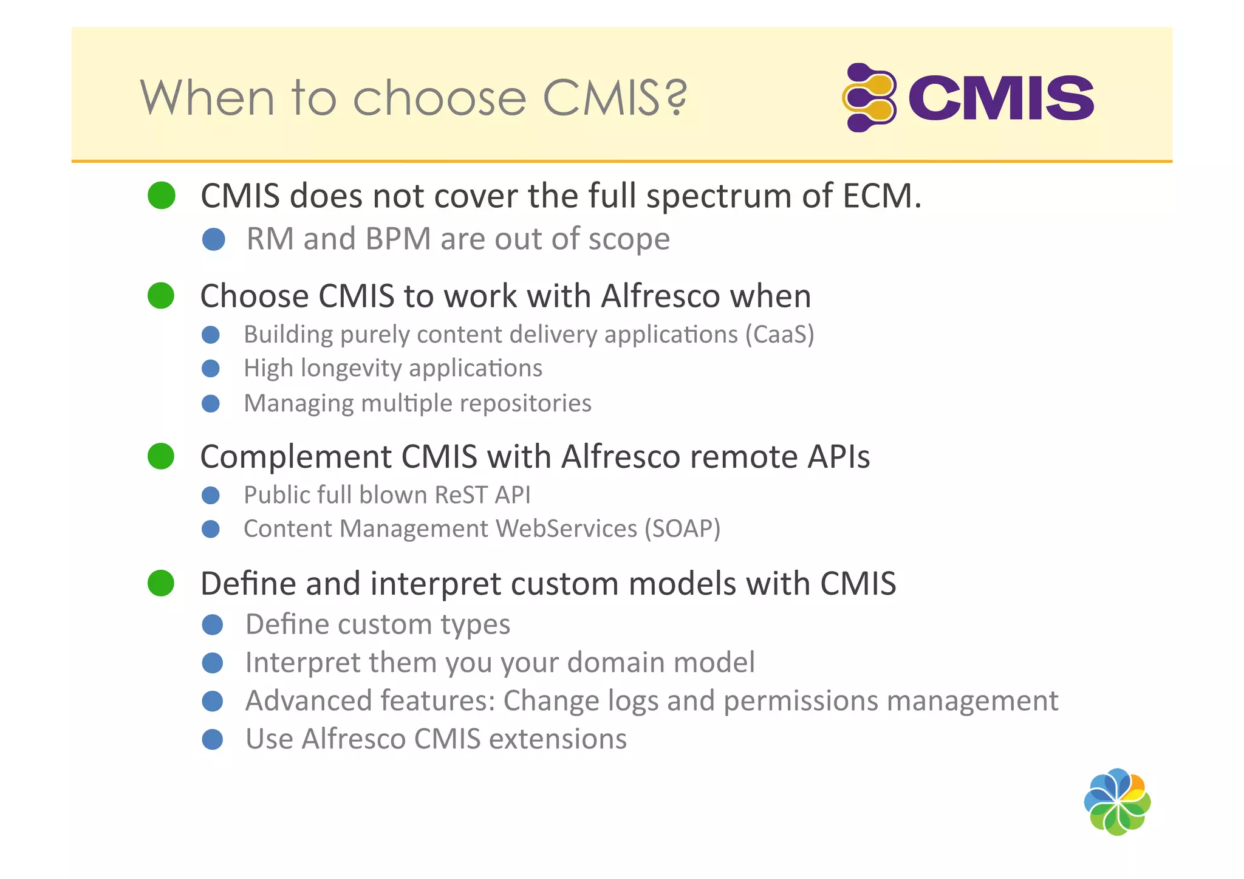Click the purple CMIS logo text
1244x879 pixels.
1000,98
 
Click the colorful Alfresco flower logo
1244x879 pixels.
1117,802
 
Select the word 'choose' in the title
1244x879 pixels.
439,98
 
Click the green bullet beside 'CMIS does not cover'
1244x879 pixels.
162,196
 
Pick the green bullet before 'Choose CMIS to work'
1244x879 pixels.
161,296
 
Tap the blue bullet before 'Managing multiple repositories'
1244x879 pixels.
211,404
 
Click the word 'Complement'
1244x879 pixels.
295,457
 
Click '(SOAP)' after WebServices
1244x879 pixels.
682,528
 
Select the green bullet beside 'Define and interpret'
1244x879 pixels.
161,583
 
